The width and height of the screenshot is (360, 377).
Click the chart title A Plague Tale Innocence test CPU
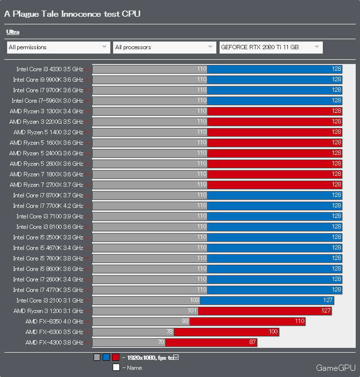tap(72, 14)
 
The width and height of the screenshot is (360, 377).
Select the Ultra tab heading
tap(13, 32)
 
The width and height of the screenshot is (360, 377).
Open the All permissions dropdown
tap(58, 47)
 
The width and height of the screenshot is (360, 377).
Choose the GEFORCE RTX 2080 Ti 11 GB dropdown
tap(271, 47)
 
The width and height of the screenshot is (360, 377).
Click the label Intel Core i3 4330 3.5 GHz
tap(50, 69)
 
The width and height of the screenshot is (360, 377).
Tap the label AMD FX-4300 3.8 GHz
tap(54, 342)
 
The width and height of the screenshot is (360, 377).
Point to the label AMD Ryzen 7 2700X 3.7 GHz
tap(46, 184)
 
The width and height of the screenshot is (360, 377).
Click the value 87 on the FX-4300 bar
tap(253, 342)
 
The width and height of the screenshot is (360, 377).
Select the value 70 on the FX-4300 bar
tap(160, 342)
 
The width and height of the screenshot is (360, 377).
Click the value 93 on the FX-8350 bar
tap(185, 321)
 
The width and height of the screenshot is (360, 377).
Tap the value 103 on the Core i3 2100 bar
tap(194, 300)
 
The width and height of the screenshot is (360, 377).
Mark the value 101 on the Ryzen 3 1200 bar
tap(192, 311)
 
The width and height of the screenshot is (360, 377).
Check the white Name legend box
tap(116, 367)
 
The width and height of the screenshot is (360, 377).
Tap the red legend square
tap(116, 357)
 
